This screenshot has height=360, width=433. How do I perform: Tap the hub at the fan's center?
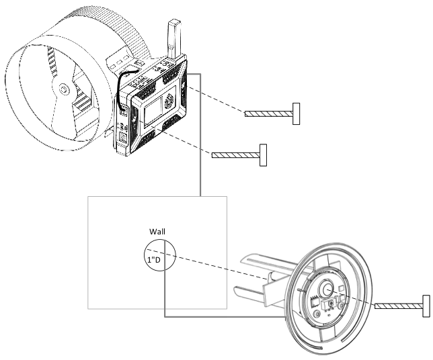(x=65, y=88)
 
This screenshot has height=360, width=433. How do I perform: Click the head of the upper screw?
(x=296, y=114)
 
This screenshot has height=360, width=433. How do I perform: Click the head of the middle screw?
(x=264, y=155)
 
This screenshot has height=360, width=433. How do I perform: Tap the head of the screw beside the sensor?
(x=426, y=306)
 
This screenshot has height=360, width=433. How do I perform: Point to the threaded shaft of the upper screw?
(x=268, y=114)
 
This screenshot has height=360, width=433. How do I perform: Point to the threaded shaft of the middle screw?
(x=235, y=155)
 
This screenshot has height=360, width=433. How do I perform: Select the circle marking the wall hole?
(x=161, y=257)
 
